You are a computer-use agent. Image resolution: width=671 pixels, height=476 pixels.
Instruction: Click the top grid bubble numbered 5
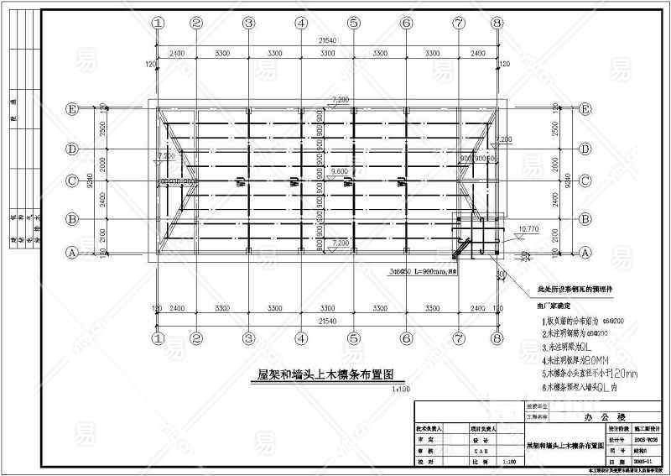353,24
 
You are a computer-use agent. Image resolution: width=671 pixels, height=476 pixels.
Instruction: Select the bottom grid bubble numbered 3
248,339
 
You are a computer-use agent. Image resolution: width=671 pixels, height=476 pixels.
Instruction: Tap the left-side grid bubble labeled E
73,109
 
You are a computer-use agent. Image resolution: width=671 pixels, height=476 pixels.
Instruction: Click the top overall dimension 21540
327,39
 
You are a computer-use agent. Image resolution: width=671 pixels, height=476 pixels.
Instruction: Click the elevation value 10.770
529,228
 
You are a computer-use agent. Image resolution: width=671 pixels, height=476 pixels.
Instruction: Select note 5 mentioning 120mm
585,374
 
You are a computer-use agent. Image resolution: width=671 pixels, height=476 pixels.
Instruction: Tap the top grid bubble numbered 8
497,24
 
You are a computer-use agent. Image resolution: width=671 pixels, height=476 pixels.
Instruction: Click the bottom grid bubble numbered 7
458,339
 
